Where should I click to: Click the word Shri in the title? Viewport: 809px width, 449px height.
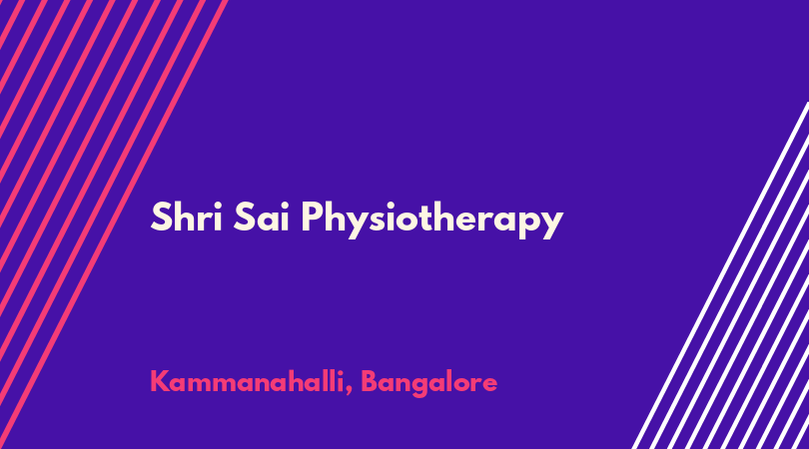point(186,218)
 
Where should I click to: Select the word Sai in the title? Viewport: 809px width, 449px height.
point(261,218)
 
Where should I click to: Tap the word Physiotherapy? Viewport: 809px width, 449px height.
point(431,221)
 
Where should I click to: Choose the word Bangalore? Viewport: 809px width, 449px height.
point(428,384)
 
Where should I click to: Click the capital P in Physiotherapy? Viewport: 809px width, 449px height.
point(314,217)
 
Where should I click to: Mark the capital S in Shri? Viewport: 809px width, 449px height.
point(161,218)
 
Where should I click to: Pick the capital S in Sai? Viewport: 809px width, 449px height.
point(244,218)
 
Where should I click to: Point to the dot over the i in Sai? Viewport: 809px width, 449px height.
point(284,205)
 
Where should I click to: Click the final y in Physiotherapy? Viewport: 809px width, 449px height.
point(551,224)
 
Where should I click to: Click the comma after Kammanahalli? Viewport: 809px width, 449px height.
point(349,390)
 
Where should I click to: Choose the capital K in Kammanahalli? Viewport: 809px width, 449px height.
point(160,381)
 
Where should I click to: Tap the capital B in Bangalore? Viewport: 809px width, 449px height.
point(370,381)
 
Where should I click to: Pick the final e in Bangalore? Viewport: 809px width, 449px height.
point(489,384)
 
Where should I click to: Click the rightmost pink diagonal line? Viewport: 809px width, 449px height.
point(113,224)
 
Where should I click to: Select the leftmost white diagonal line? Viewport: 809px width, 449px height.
point(720,275)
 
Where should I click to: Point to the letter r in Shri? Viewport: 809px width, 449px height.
point(206,222)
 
